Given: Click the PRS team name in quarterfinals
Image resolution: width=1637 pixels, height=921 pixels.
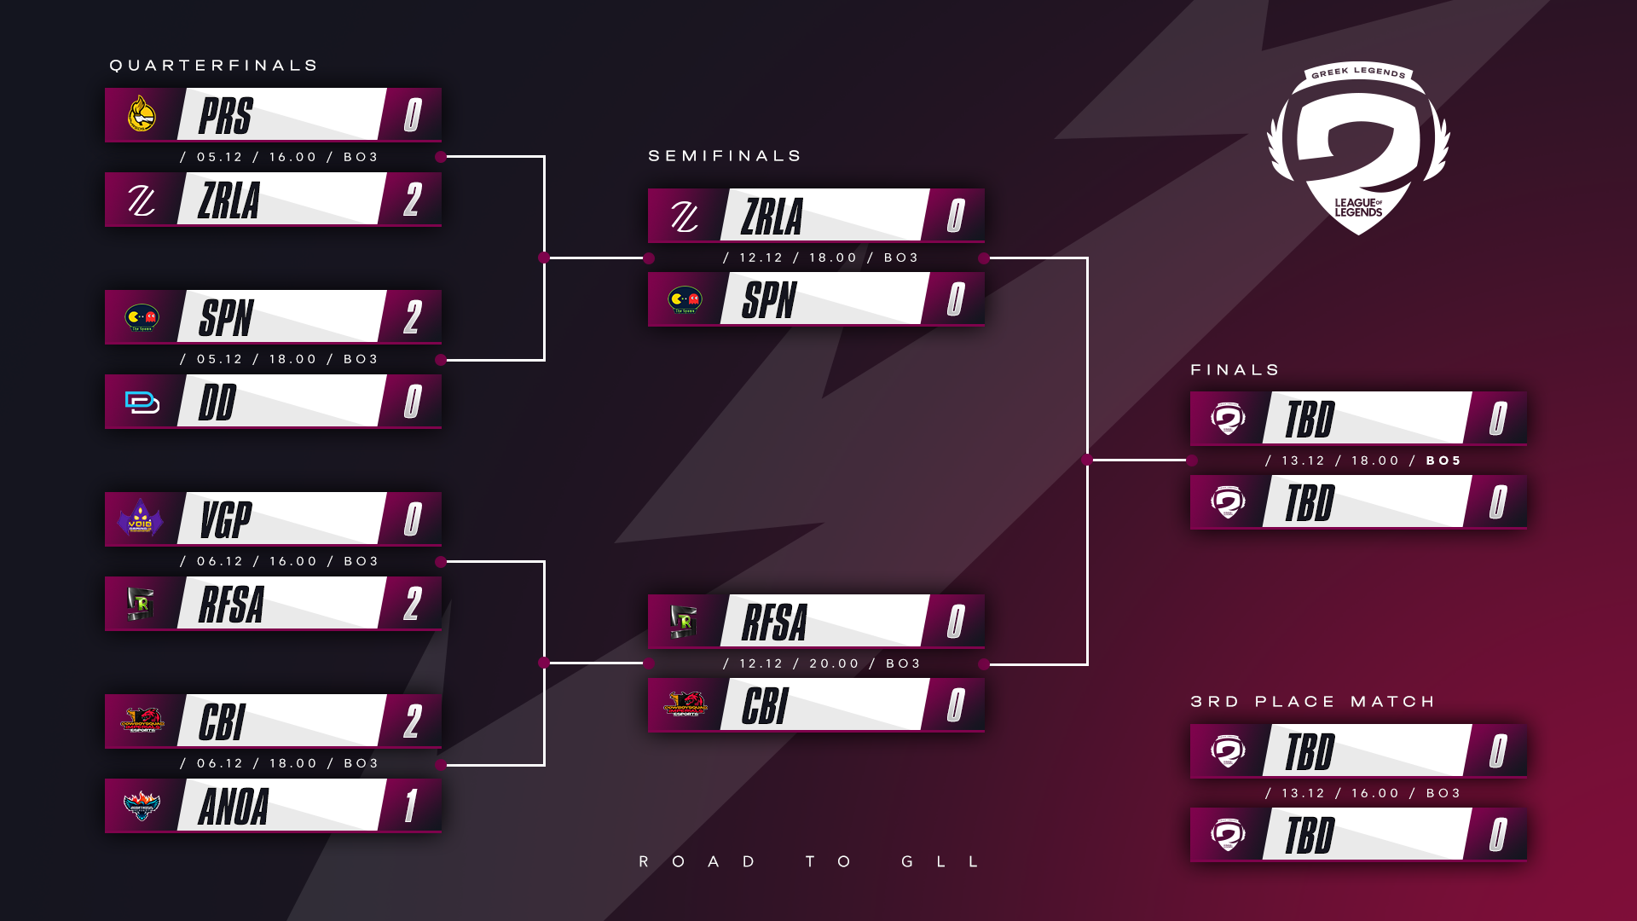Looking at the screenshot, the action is point(226,116).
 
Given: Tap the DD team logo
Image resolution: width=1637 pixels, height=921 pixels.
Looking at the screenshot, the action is point(142,402).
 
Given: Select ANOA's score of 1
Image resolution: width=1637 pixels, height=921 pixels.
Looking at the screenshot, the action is point(412,806).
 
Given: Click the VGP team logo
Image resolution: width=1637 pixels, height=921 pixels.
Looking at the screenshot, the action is point(141,518).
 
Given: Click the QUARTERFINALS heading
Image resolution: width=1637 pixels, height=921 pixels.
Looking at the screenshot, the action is point(213,66).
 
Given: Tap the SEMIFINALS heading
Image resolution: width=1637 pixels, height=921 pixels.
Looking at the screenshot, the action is point(725,156).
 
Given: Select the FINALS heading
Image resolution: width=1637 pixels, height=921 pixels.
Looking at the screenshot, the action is point(1235,370).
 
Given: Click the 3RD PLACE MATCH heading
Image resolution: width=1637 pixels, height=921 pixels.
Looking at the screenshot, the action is point(1313,702).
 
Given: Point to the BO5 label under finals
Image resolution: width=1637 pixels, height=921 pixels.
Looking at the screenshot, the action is point(1443,460).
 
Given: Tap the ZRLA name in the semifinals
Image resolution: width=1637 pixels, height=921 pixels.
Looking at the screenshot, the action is point(772,217).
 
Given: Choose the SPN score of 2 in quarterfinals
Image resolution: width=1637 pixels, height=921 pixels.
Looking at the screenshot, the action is point(413,318).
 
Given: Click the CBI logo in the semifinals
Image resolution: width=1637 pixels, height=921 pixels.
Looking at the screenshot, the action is point(685,704).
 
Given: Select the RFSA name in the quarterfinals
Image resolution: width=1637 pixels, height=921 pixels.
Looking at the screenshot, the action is point(231,605).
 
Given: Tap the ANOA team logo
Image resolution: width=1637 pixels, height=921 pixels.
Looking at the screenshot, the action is point(142,805).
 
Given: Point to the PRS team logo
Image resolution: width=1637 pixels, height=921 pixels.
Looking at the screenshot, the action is point(142,114).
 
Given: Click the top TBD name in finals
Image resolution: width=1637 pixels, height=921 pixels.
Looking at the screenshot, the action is point(1310,420).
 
